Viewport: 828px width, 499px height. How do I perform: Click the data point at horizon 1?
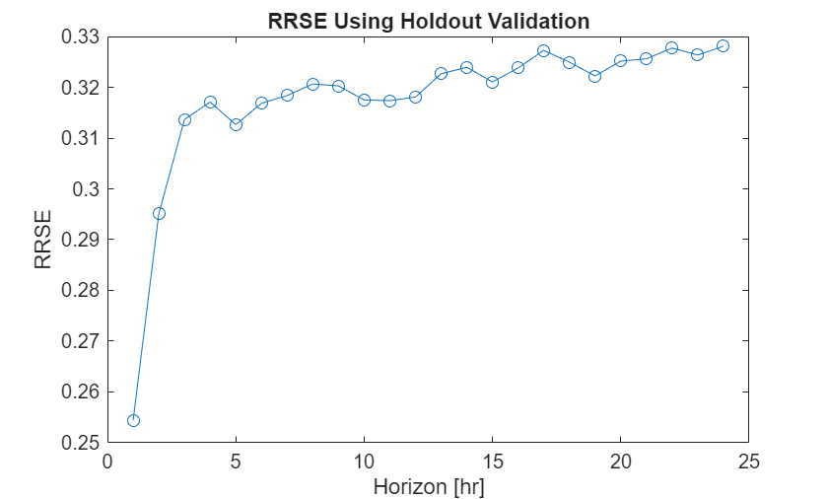(133, 420)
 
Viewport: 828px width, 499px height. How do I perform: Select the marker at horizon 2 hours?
(159, 213)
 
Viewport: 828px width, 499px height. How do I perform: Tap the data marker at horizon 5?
(236, 124)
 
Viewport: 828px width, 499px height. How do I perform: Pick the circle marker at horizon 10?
(364, 100)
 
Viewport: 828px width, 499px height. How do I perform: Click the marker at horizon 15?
(492, 82)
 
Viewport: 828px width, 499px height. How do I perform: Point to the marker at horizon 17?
(543, 50)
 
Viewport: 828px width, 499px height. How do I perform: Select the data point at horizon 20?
(620, 60)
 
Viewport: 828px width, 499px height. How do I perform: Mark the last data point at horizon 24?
(723, 45)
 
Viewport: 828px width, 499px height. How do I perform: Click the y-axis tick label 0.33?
(81, 37)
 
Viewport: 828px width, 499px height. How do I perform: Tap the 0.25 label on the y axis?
(81, 443)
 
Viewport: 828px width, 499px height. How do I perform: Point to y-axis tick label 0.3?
(86, 189)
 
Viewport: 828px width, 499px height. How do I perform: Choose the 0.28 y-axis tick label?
(81, 291)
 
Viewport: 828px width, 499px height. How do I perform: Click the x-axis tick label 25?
(748, 462)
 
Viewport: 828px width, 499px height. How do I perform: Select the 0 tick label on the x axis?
(107, 462)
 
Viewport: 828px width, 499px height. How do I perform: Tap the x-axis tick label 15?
(492, 462)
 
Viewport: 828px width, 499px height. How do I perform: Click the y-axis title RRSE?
(43, 241)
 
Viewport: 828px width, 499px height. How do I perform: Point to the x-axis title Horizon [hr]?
(428, 486)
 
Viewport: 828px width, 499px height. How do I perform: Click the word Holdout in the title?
(430, 20)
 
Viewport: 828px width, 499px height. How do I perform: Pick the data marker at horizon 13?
(441, 73)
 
